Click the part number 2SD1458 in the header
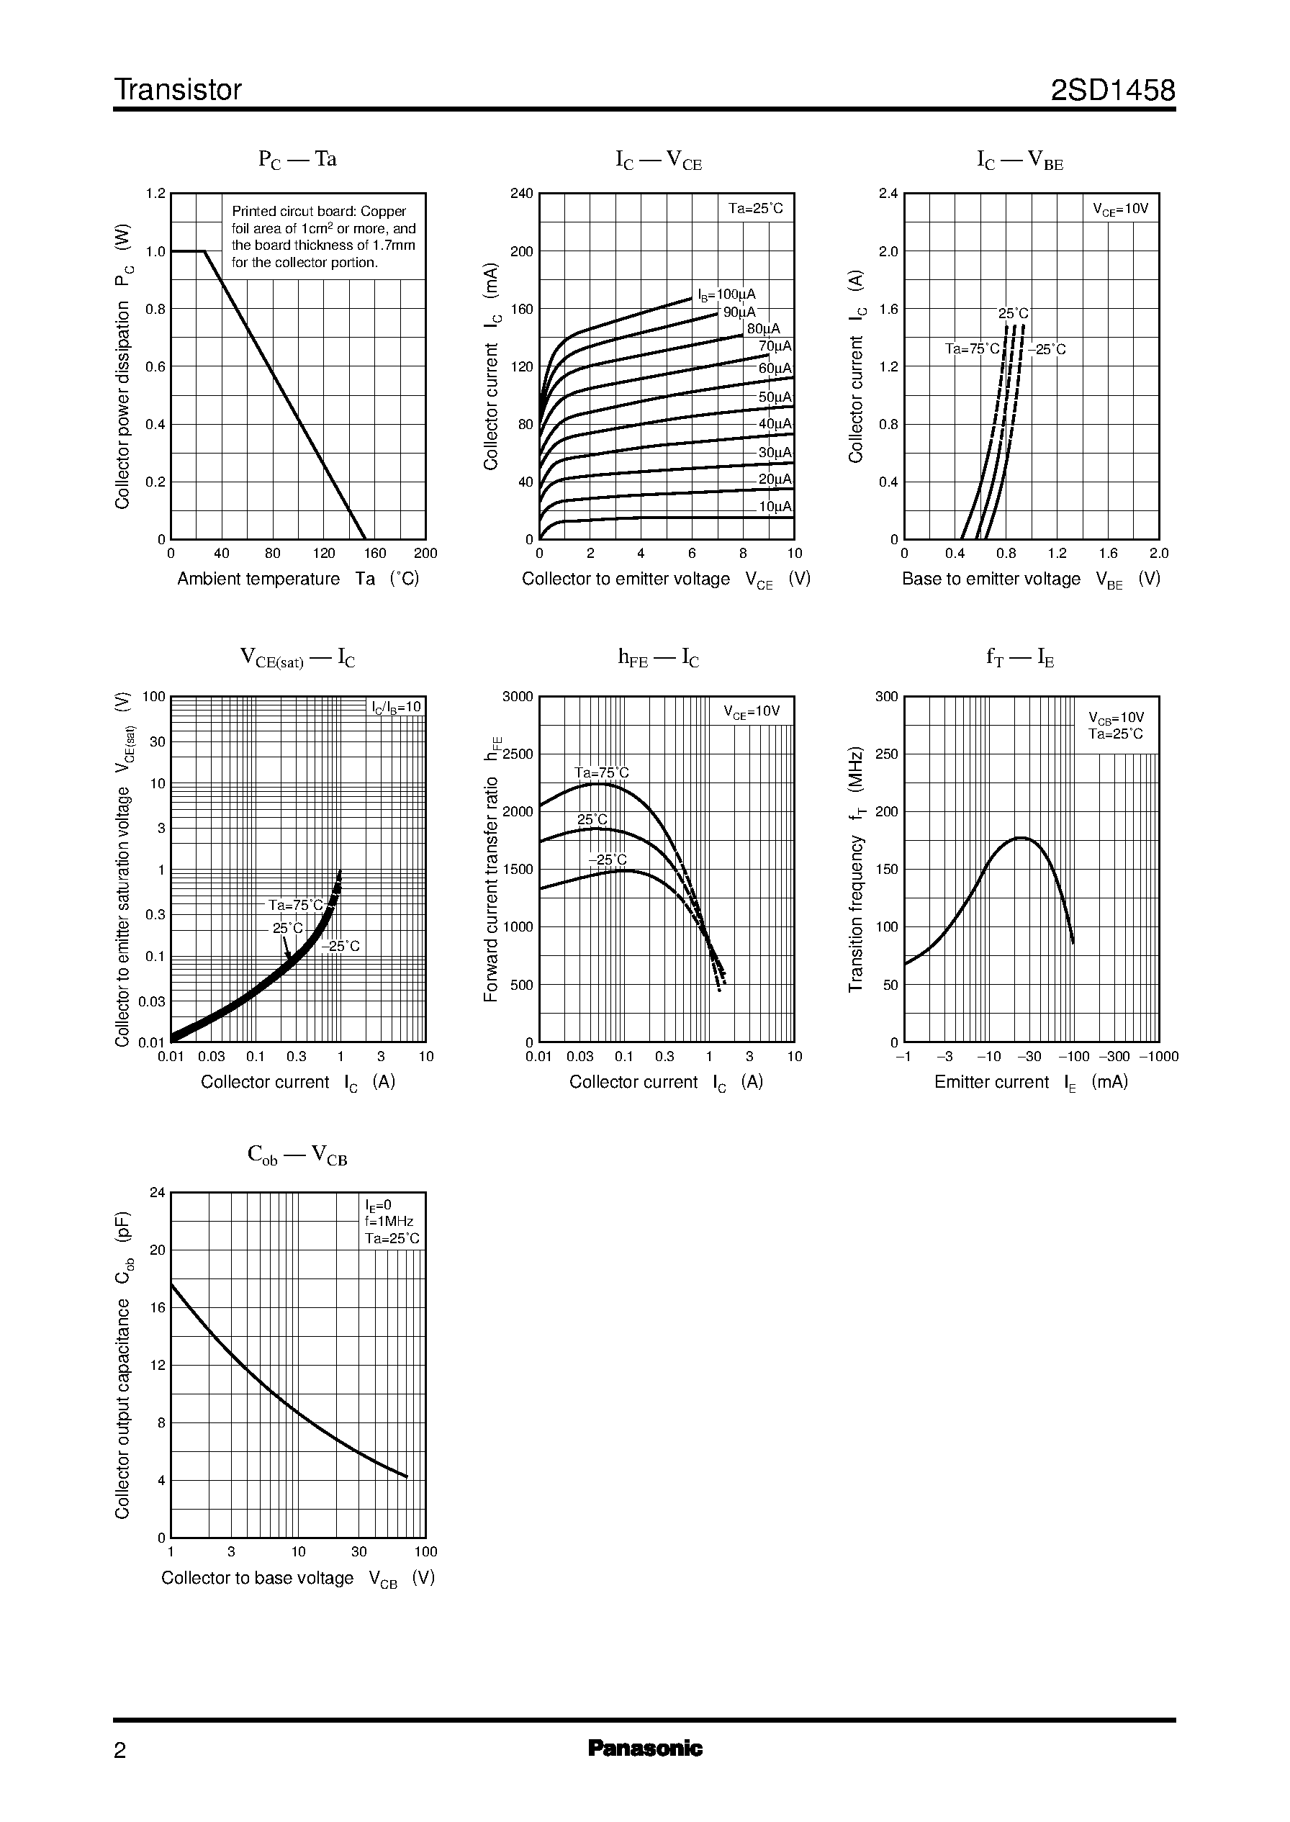pos(1112,91)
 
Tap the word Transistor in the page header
pos(178,91)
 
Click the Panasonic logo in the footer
pos(645,1748)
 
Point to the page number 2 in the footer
pos(120,1750)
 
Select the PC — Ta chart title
pos(297,160)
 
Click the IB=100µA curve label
pos(727,295)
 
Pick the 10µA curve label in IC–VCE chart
pos(775,507)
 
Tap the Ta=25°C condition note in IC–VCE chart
pos(755,209)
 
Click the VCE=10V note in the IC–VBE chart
pos(1120,209)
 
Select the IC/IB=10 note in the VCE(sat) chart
pos(397,708)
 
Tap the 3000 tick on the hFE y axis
pos(518,697)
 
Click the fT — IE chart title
pos(1020,658)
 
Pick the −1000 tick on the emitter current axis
pos(1159,1056)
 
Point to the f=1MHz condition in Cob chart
pos(389,1222)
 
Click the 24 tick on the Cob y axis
pos(157,1192)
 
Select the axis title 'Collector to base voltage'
pos(258,1578)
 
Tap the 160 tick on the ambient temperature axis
pos(375,554)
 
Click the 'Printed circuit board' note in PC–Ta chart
pos(323,237)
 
